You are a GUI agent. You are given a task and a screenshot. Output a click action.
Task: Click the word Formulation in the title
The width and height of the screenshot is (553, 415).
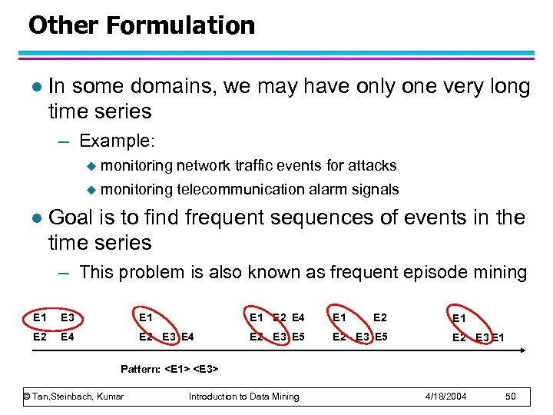pos(180,25)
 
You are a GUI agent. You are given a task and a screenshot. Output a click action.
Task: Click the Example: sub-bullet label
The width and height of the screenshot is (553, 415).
pos(117,141)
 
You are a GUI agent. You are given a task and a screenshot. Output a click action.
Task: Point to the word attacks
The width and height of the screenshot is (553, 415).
pos(373,165)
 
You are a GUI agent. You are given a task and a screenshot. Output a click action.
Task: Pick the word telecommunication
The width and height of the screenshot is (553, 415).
pos(240,190)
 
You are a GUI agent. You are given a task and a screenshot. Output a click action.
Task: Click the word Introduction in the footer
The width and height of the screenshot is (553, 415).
pos(217,397)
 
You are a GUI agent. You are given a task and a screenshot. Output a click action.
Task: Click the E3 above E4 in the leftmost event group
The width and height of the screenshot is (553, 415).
pos(68,316)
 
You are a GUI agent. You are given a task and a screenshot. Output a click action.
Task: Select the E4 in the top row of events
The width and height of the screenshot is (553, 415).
pos(298,316)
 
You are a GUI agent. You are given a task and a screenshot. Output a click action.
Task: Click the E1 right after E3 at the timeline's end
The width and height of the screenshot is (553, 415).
pos(498,337)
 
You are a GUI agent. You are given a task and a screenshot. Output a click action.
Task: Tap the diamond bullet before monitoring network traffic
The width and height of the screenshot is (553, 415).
pos(92,166)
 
